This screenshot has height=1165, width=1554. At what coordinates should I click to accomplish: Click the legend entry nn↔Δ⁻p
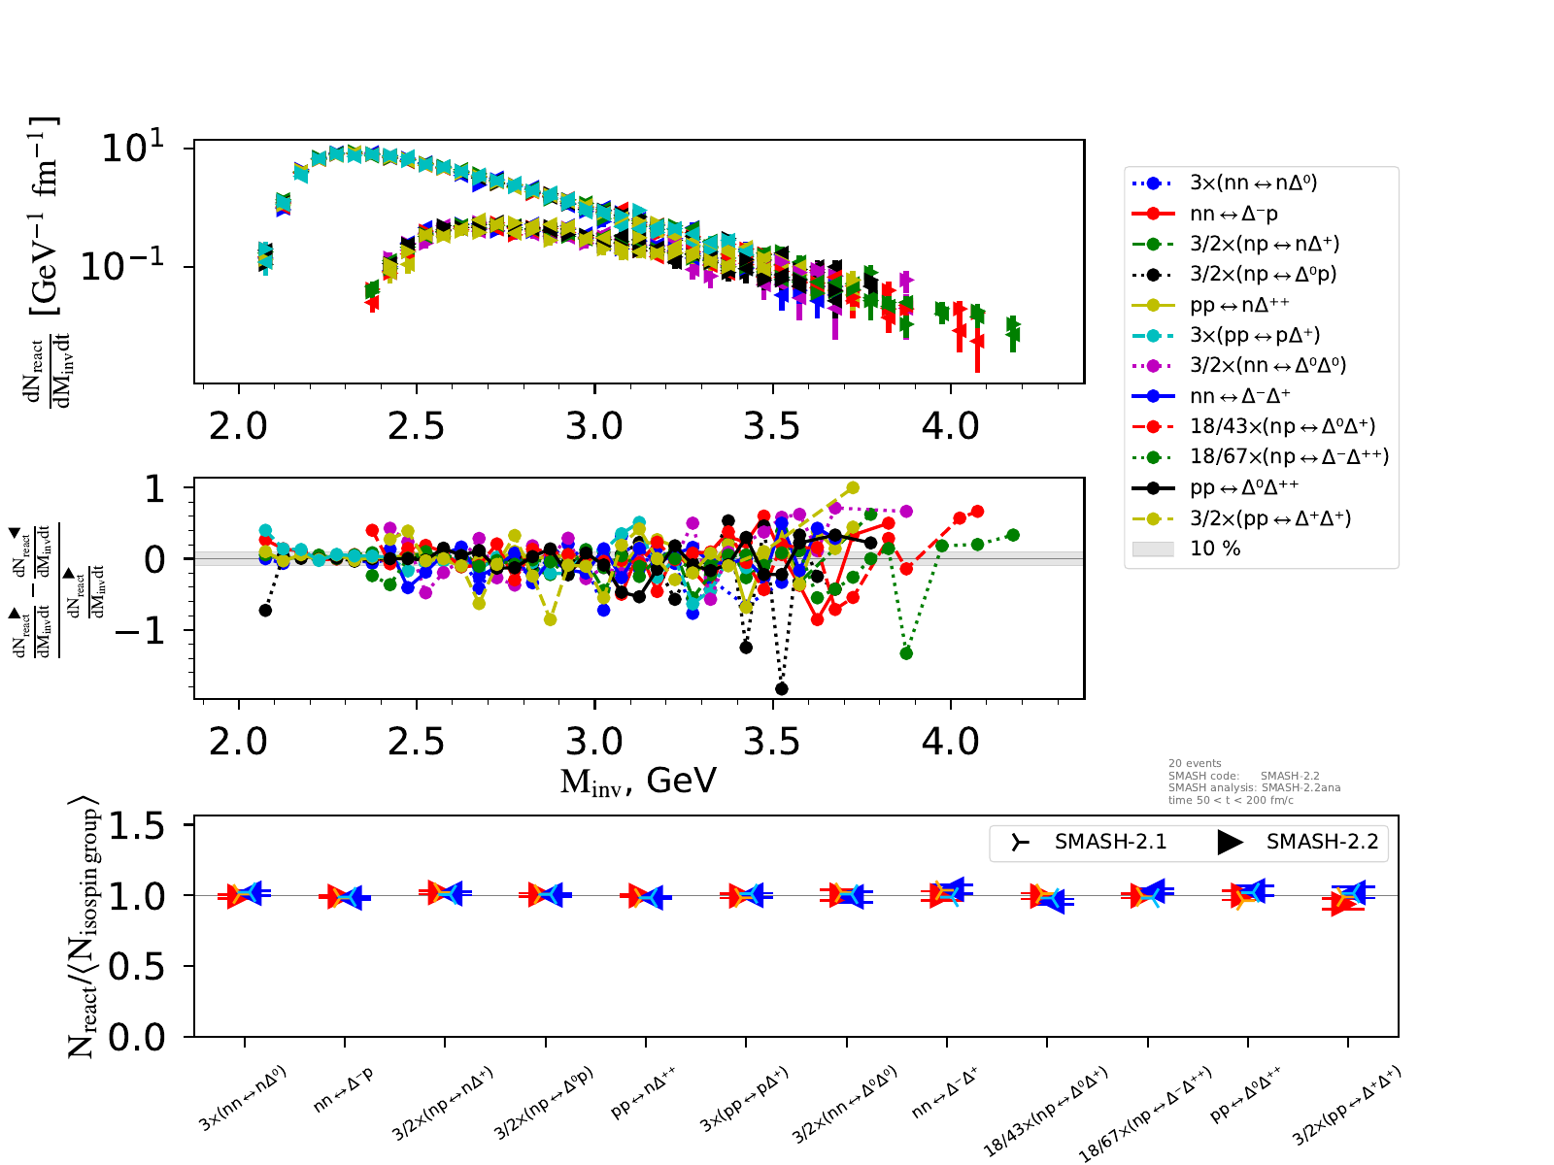pyautogui.click(x=1233, y=214)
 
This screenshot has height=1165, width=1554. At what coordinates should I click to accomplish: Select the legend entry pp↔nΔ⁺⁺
pyautogui.click(x=1239, y=305)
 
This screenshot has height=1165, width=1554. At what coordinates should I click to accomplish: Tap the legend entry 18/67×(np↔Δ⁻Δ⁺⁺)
pyautogui.click(x=1289, y=456)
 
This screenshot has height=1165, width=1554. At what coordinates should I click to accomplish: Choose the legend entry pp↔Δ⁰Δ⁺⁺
pyautogui.click(x=1244, y=486)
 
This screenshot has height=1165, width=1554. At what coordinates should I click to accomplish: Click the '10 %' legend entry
pyautogui.click(x=1215, y=549)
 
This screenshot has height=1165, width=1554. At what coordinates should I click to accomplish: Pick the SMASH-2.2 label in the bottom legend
pyautogui.click(x=1322, y=842)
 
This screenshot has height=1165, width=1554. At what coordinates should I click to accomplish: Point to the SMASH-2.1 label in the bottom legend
pyautogui.click(x=1110, y=842)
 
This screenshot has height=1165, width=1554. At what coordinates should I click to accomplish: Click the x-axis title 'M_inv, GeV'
pyautogui.click(x=638, y=781)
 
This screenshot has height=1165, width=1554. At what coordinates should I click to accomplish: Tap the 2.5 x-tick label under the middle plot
pyautogui.click(x=416, y=743)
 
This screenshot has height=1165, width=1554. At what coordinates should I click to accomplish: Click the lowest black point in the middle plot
pyautogui.click(x=782, y=689)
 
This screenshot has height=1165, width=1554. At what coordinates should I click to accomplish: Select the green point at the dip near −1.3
pyautogui.click(x=906, y=653)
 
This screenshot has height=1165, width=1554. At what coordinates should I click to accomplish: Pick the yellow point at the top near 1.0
pyautogui.click(x=853, y=487)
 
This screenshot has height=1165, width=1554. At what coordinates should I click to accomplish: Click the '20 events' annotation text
pyautogui.click(x=1195, y=763)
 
